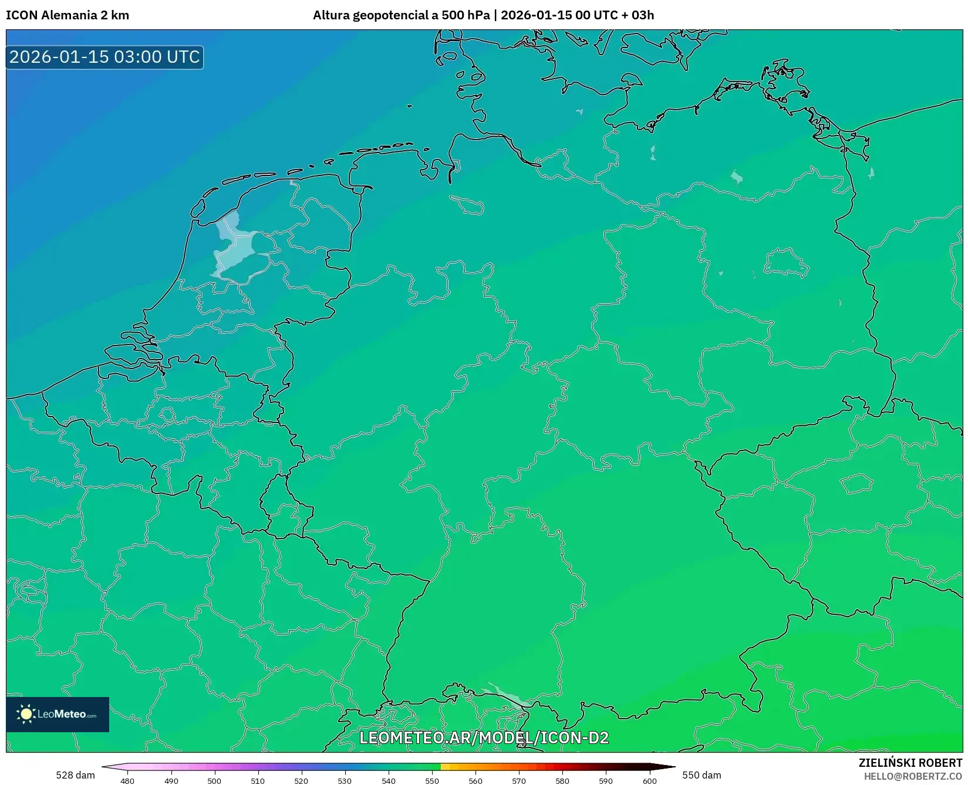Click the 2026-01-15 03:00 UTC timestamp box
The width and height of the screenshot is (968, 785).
point(104,57)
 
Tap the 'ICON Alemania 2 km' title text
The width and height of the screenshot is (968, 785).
point(68,15)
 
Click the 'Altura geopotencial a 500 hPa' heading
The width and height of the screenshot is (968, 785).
point(401,15)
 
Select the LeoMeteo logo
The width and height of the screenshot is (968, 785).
point(58,714)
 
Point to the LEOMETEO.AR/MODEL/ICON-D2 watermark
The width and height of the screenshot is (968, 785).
point(484,737)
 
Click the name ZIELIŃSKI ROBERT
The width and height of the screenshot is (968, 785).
point(910,763)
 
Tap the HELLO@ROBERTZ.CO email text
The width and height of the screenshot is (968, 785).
point(913,776)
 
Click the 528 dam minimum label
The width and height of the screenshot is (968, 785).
point(75,775)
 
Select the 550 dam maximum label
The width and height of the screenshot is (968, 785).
point(701,775)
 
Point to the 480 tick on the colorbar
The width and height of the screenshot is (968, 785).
point(127,780)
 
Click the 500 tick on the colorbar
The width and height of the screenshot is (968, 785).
point(214,780)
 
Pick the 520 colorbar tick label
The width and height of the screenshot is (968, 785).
point(301,780)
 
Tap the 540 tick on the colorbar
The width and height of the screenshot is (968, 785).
point(389,780)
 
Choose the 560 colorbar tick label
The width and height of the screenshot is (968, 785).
point(475,780)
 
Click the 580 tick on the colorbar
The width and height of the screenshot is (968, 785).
point(562,780)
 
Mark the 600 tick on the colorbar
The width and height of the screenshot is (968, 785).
point(649,780)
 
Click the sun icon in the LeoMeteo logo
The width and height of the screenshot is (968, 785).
point(26,714)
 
